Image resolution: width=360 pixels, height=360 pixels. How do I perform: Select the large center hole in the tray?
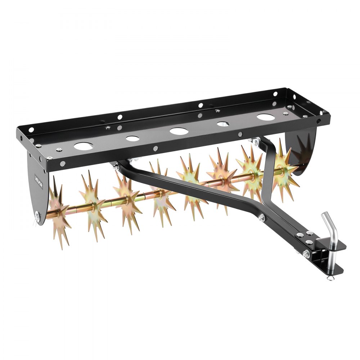(x=178, y=131)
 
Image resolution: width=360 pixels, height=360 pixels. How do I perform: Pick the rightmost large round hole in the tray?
(x=265, y=117)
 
